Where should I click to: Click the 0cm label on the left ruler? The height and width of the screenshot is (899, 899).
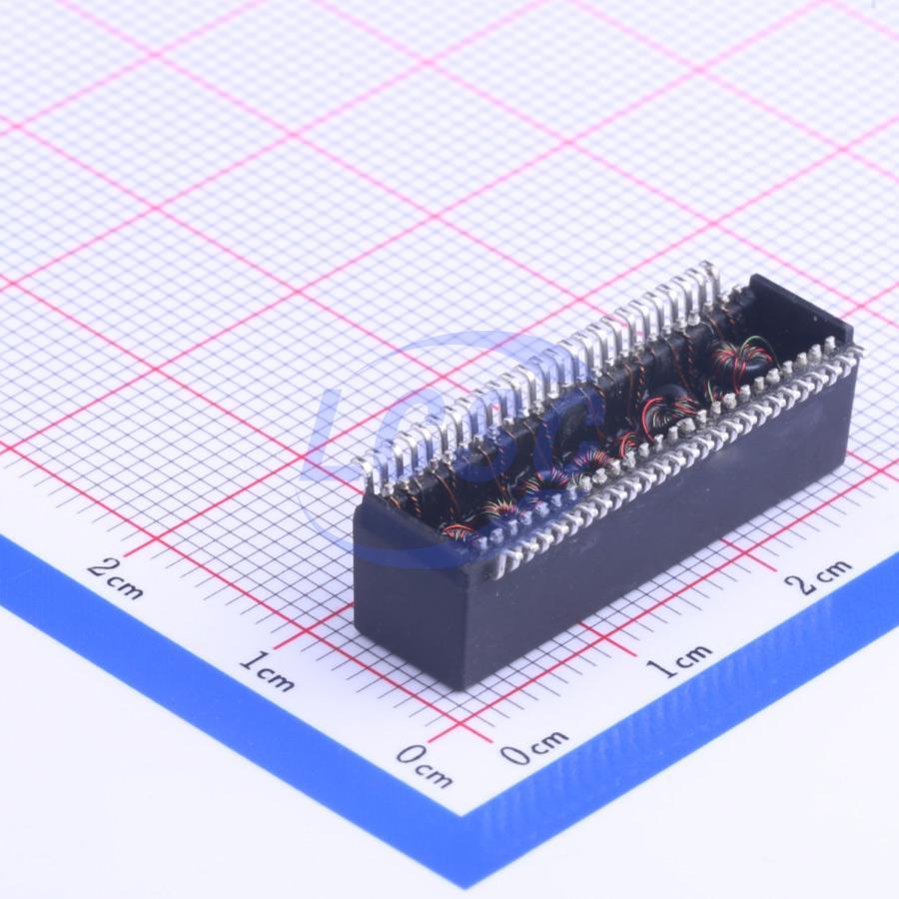tap(424, 766)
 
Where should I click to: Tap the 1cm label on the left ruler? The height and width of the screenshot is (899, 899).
tap(267, 671)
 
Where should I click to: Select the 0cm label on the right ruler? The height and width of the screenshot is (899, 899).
tap(534, 746)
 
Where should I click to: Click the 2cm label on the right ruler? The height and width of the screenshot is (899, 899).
tap(817, 575)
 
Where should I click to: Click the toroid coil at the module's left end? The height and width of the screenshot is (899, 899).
tap(458, 533)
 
